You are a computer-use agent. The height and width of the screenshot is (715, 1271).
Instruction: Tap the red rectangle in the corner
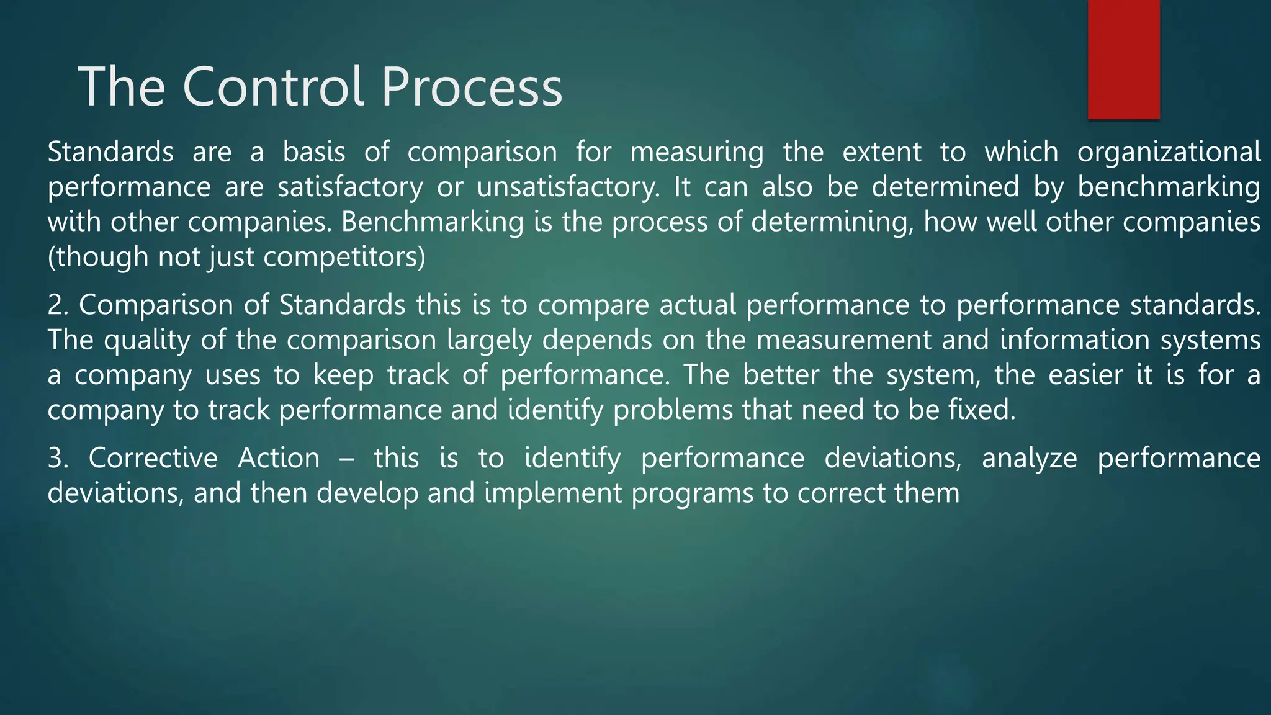coord(1123,59)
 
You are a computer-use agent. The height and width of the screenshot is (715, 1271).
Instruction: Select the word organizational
coord(1169,153)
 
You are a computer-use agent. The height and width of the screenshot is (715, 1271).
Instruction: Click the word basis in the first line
coord(313,153)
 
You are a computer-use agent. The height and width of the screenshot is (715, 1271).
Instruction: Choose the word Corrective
coord(153,459)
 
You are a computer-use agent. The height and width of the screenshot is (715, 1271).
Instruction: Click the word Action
coord(279,459)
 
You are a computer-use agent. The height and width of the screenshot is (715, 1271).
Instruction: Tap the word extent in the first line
coord(882,153)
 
